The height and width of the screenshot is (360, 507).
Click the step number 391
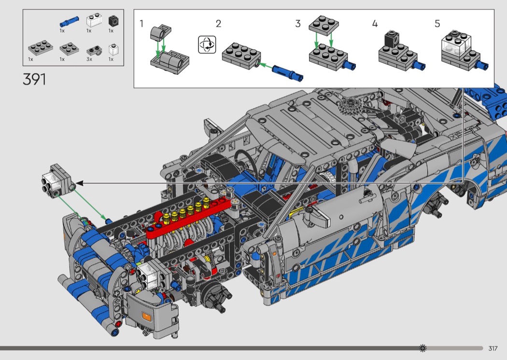coord(34,79)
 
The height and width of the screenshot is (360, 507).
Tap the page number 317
coord(493,348)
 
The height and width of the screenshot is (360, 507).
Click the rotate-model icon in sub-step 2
coord(207,44)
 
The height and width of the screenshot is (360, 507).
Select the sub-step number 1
coord(141,24)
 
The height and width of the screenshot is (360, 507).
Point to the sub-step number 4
coord(375,24)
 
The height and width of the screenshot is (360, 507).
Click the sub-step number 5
coord(437,24)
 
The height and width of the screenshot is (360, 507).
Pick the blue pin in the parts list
coord(69,22)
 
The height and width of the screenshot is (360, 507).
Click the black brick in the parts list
coord(113,21)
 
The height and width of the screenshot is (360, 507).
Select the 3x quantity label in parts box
coord(89,59)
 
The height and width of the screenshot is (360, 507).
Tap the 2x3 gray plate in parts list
coord(41,48)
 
